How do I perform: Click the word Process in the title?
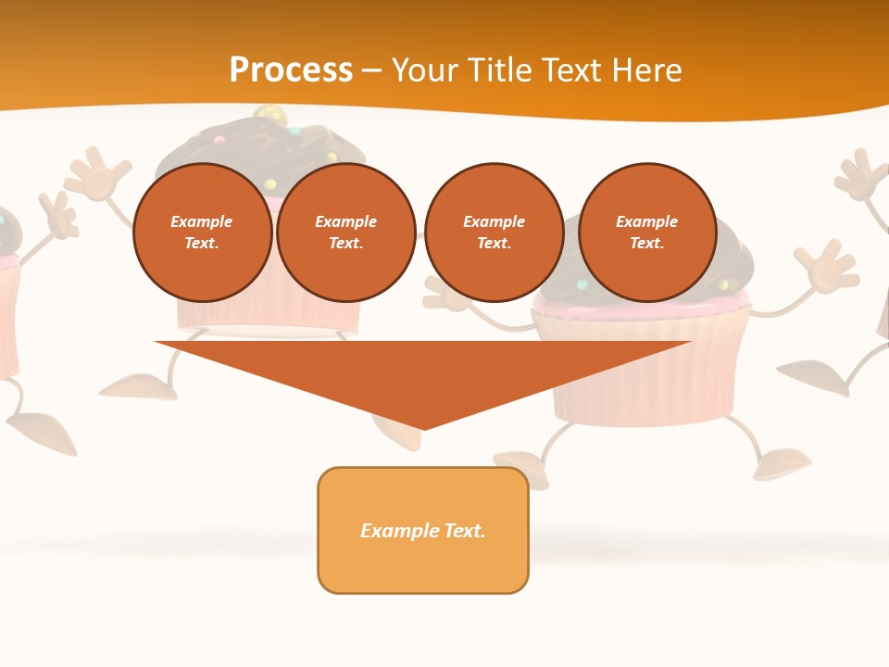pyautogui.click(x=291, y=70)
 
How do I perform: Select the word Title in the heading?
pyautogui.click(x=504, y=70)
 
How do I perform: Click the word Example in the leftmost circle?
pyautogui.click(x=202, y=221)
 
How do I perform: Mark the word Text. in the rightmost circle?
pyautogui.click(x=647, y=243)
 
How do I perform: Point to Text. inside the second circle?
pyautogui.click(x=346, y=243)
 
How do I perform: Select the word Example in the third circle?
pyautogui.click(x=494, y=221)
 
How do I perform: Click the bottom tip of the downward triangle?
pyautogui.click(x=423, y=427)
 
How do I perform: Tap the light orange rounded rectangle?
pyautogui.click(x=423, y=565)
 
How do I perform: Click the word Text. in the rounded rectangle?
pyautogui.click(x=464, y=531)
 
